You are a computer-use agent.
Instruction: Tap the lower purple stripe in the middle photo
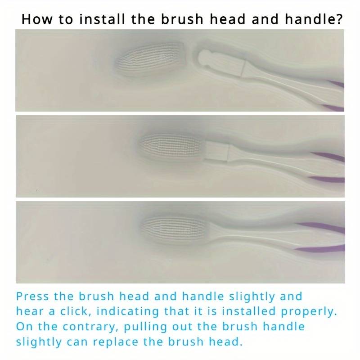pos(326,180)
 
